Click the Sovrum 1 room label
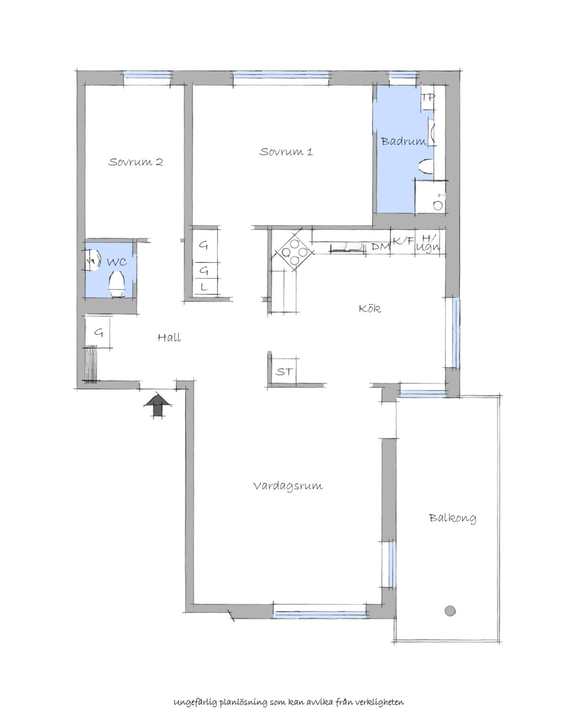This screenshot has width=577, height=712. tap(286, 152)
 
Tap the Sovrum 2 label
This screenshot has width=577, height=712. tap(136, 162)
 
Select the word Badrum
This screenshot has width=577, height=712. tap(403, 141)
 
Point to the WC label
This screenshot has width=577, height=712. tap(117, 262)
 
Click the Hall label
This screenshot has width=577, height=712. tap(169, 337)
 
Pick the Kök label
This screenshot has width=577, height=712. tap(369, 308)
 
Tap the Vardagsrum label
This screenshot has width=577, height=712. tap(288, 486)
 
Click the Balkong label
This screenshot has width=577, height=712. tap(452, 518)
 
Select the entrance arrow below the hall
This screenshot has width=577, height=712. tap(157, 405)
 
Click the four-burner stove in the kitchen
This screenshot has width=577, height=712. tap(294, 253)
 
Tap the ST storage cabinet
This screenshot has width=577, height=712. tap(284, 371)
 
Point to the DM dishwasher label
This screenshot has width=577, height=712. tap(381, 247)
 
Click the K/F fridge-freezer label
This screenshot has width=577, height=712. tap(403, 241)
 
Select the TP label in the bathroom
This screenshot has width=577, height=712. tap(427, 98)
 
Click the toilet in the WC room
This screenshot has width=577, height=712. tap(117, 284)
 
